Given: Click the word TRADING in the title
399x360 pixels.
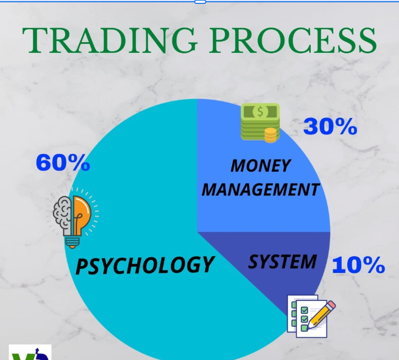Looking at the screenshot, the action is (110, 40).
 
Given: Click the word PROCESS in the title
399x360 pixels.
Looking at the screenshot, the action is (293, 40).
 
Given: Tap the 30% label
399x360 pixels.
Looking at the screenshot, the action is (330, 126).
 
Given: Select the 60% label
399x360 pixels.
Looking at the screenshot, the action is (63, 162).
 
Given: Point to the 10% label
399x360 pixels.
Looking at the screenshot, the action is (359, 265).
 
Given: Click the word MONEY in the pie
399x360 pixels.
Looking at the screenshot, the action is (261, 166).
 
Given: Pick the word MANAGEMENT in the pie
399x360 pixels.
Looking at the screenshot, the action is (261, 189).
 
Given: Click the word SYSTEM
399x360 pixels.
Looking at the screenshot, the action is (283, 262).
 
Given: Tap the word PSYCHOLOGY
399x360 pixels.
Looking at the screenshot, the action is (144, 265).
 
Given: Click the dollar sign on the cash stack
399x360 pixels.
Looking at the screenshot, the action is (260, 112).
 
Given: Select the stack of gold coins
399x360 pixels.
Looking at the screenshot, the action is (270, 135).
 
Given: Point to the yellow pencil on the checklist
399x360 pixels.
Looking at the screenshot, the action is (321, 315).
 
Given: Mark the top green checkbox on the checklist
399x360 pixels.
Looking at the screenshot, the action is (305, 310).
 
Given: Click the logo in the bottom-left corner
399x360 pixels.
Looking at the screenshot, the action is (30, 352).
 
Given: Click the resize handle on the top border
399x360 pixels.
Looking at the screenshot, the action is (200, 2).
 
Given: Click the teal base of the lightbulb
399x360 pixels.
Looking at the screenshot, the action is (72, 242).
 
